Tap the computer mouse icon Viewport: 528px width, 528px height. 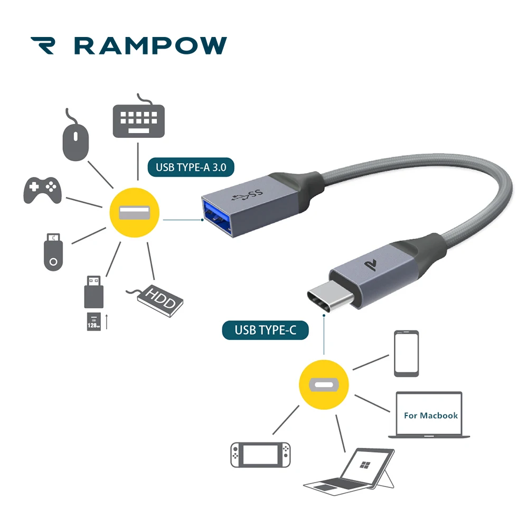[x=76, y=140]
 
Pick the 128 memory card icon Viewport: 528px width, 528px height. [x=93, y=321]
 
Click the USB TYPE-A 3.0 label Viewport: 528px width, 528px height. [x=191, y=168]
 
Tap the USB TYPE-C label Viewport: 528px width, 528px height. [x=265, y=331]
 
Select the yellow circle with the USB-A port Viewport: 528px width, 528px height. [x=134, y=213]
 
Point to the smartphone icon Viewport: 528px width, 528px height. [x=406, y=353]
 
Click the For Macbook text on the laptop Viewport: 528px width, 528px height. [x=430, y=415]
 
